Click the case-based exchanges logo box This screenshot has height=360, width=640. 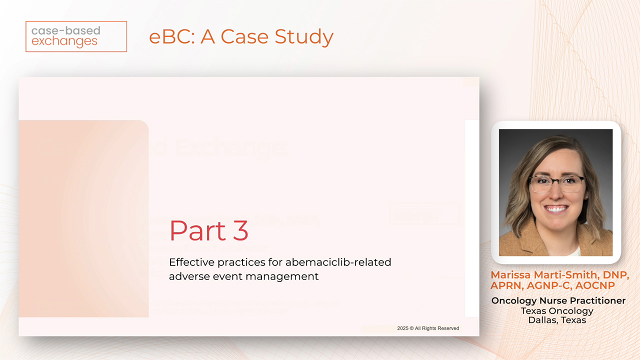[76, 36]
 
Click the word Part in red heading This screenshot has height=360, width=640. [198, 230]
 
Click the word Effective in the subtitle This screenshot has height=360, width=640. [189, 262]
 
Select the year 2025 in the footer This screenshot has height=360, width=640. [403, 328]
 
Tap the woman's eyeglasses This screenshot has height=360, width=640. [556, 183]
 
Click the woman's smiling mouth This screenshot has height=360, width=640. [556, 208]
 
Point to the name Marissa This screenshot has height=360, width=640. [511, 275]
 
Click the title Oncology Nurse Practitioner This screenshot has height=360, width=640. [558, 300]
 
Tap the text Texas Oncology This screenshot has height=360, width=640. [557, 310]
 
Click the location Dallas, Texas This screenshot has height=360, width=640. [557, 320]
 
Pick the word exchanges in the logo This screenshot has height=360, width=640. [64, 42]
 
